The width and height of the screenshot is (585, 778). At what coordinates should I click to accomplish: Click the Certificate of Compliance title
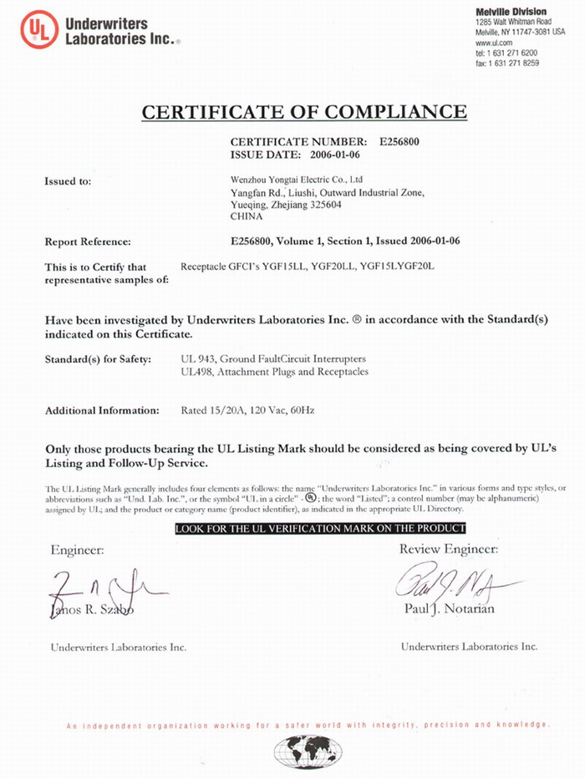[303, 112]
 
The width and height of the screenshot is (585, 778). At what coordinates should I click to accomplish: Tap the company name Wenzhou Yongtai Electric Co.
[296, 179]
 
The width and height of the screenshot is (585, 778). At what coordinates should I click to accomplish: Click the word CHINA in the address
[246, 216]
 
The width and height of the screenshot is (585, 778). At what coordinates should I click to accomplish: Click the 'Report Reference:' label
[87, 242]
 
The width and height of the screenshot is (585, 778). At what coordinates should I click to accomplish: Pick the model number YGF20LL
[330, 267]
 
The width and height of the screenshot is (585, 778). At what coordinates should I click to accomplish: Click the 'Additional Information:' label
[101, 410]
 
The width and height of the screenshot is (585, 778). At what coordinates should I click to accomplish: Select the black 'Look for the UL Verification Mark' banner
[320, 529]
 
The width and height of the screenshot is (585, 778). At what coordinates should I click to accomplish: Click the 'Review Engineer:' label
[448, 549]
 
